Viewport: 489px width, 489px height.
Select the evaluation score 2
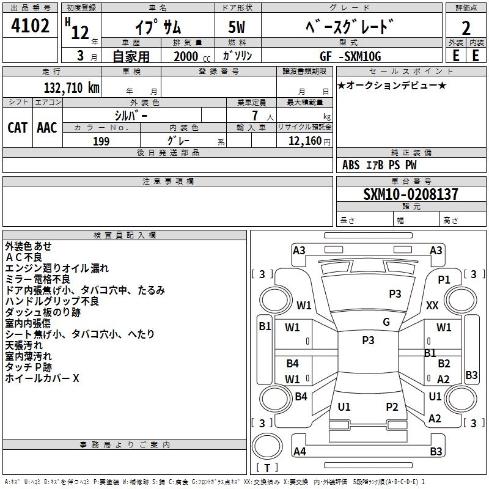(x=466, y=28)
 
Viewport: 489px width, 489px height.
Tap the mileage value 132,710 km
(x=72, y=87)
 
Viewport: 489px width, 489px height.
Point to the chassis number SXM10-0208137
(x=410, y=194)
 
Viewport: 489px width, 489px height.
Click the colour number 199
(x=101, y=141)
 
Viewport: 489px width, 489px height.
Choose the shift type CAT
(x=17, y=127)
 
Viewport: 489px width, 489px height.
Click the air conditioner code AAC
(x=47, y=127)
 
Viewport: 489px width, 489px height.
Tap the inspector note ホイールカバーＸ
(x=42, y=378)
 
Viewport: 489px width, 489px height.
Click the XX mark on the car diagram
(x=432, y=305)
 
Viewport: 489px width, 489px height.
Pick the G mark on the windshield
(x=386, y=322)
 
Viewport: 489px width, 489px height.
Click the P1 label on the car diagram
(x=444, y=279)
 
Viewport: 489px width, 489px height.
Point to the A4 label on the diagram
(x=300, y=452)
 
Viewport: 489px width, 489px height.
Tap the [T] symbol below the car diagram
(x=267, y=468)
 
